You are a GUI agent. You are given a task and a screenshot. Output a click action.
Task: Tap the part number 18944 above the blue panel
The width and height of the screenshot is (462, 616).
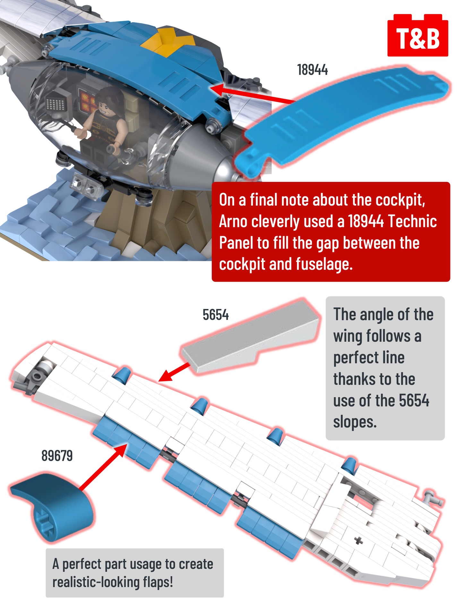tap(312, 70)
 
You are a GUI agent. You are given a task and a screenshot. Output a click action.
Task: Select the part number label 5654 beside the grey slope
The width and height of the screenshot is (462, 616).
tap(216, 315)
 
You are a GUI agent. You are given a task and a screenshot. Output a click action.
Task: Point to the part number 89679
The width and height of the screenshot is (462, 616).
tap(57, 456)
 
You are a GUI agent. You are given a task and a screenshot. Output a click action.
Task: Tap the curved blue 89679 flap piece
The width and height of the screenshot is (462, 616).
tap(51, 507)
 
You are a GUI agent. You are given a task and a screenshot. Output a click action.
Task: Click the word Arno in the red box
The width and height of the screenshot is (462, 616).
tap(233, 221)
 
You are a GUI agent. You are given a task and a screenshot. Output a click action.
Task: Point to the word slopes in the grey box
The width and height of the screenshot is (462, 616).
tap(355, 422)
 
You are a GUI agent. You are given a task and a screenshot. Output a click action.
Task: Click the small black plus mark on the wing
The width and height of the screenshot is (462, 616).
tap(359, 541)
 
